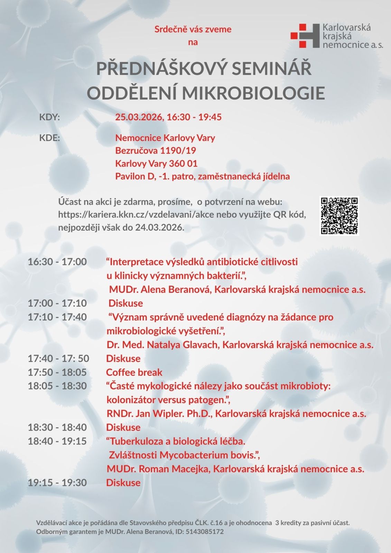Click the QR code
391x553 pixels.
pos(339,216)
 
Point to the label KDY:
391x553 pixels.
pos(50,117)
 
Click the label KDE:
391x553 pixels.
pos(50,138)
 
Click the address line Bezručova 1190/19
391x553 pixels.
pos(156,151)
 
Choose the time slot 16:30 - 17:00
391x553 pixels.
pos(57,262)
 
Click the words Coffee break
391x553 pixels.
pos(134,372)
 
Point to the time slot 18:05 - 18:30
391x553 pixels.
pos(57,386)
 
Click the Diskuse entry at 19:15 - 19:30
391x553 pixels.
pos(123,483)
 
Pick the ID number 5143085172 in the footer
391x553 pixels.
pos(205,532)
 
